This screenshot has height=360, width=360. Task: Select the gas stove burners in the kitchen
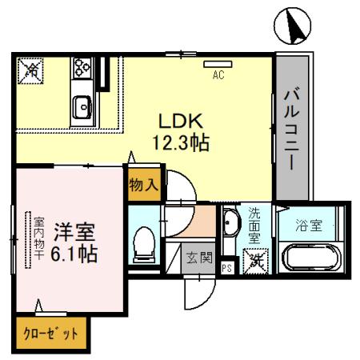click(82, 68)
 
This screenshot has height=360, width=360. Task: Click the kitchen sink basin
click(82, 105)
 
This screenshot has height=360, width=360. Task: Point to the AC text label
click(218, 77)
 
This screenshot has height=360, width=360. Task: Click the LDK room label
click(183, 121)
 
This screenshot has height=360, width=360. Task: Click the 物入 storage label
click(144, 184)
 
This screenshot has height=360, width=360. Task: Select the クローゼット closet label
click(49, 334)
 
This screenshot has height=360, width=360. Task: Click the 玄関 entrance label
click(199, 257)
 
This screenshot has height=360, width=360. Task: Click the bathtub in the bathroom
click(313, 260)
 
